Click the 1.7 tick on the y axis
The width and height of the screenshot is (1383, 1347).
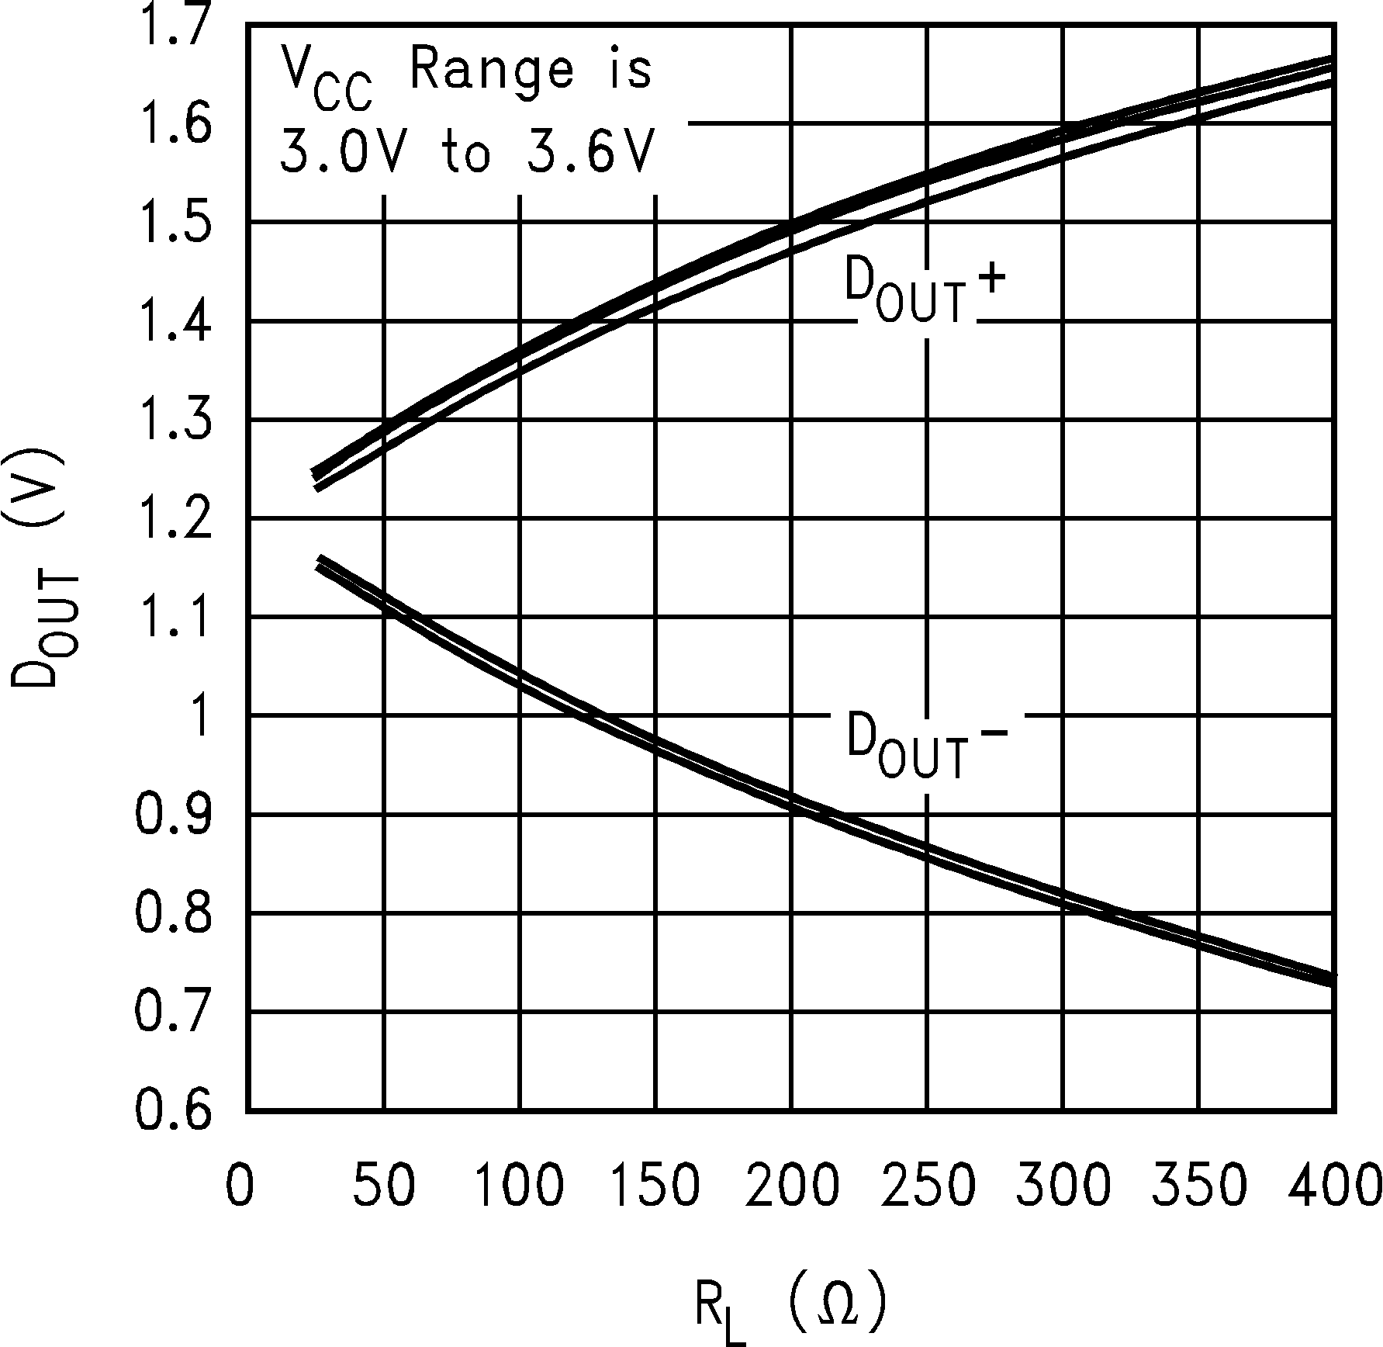coord(172,25)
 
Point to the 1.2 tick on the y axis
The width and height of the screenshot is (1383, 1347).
coord(172,518)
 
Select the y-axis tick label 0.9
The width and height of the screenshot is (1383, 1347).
coord(172,814)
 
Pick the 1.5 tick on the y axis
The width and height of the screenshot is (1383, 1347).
coord(172,223)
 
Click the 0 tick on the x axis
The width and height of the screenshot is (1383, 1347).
coord(240,1186)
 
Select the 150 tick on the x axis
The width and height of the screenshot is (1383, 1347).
coord(655,1186)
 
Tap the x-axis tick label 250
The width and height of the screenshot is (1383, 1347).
coord(928,1186)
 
